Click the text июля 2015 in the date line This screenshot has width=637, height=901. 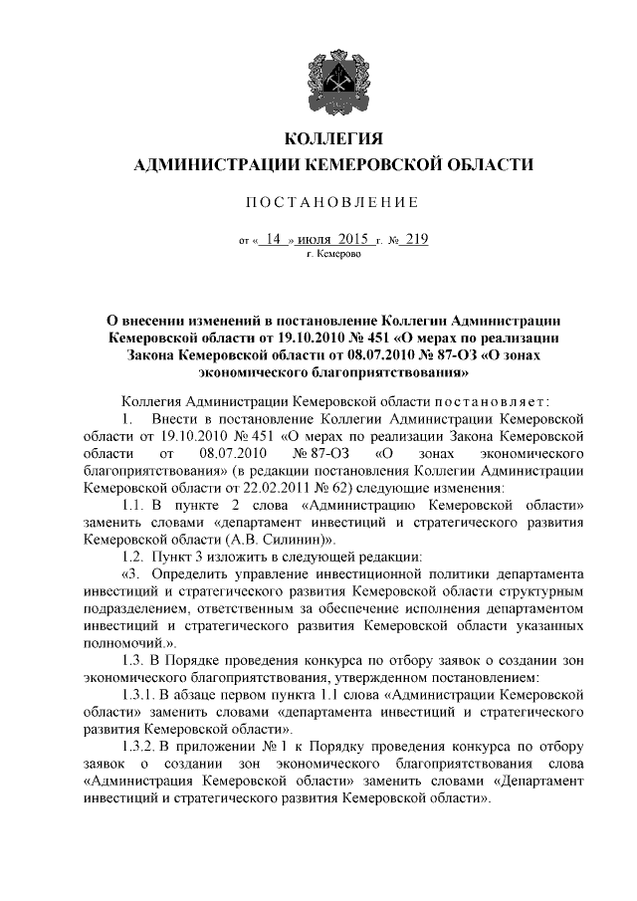(333, 240)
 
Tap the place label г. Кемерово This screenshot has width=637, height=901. (334, 255)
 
